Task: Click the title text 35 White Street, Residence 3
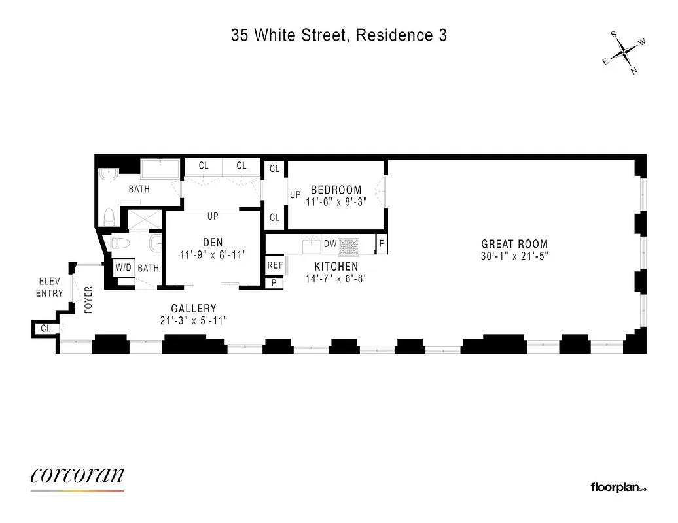(338, 35)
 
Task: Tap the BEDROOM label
(336, 190)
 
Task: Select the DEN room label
(213, 243)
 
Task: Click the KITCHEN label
(336, 267)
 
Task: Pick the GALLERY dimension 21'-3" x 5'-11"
(194, 320)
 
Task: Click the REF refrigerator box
(275, 266)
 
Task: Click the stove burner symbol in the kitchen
(348, 246)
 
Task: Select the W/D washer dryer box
(123, 268)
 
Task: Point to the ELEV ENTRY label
(50, 288)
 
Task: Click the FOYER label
(89, 300)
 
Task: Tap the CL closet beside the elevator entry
(45, 329)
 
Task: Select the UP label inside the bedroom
(295, 195)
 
